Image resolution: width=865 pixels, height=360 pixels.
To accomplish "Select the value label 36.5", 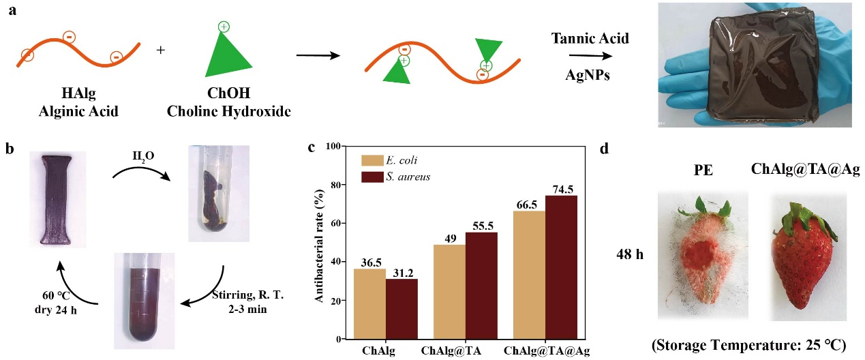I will [369, 262].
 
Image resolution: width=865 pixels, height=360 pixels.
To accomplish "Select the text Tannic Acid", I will [590, 40].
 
